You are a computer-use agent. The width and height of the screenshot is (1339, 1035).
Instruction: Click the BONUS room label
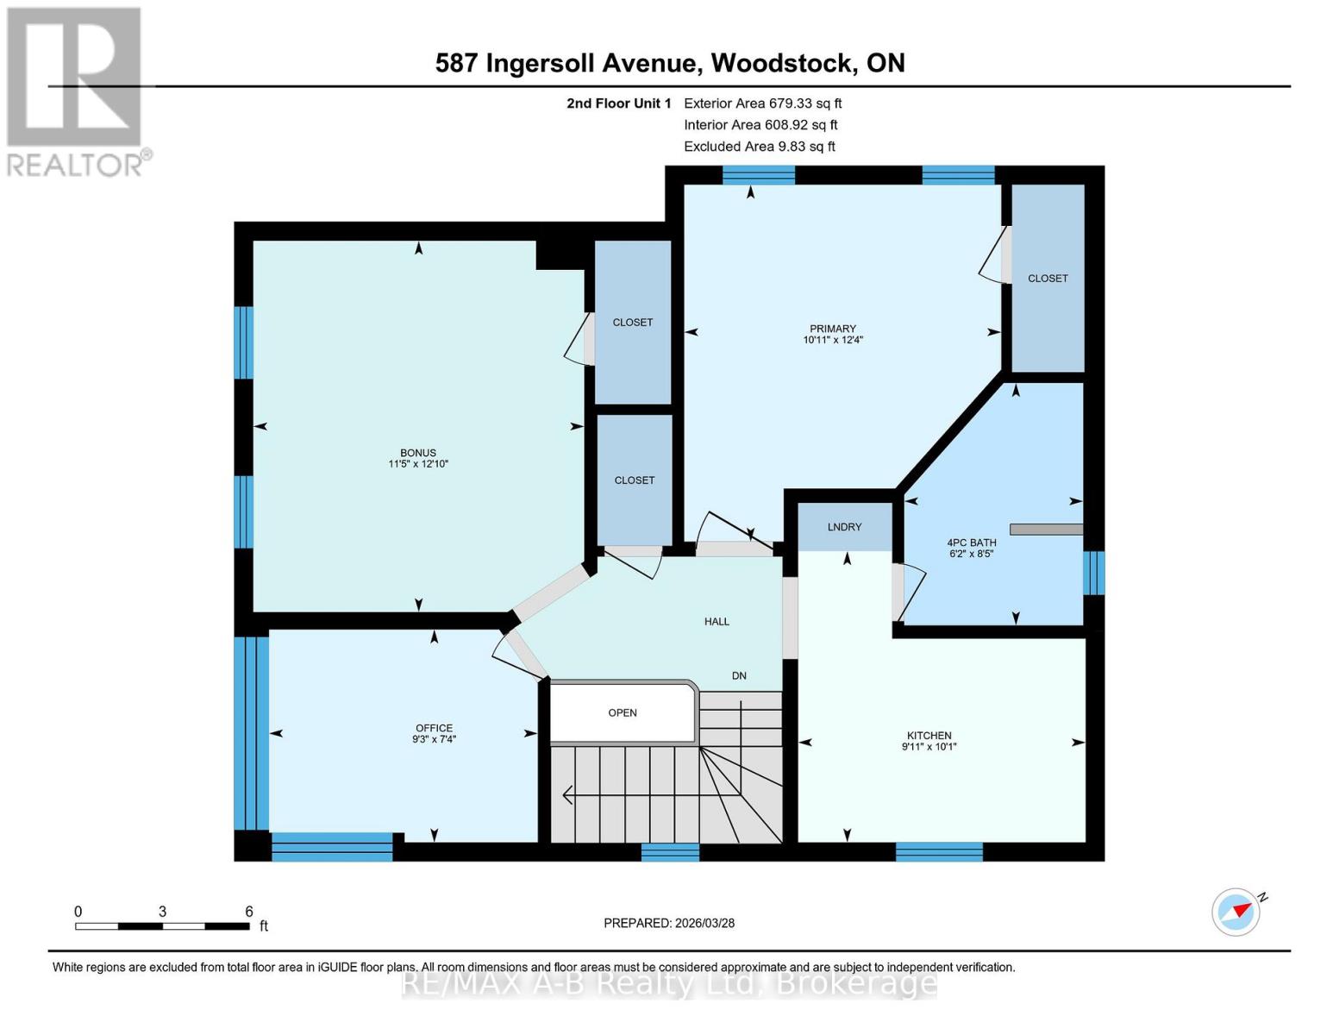click(x=418, y=453)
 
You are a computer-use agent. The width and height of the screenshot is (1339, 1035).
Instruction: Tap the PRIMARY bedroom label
click(x=832, y=329)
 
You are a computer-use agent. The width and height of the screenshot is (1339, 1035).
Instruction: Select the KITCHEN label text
click(x=929, y=736)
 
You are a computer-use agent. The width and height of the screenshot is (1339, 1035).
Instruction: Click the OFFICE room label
click(x=434, y=728)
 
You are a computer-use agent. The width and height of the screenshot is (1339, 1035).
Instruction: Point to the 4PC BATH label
click(x=971, y=543)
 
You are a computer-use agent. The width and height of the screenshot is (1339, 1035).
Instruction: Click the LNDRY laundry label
click(x=844, y=527)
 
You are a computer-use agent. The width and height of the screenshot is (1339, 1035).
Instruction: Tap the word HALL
click(x=716, y=621)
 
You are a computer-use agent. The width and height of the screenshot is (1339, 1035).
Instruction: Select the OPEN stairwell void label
click(x=623, y=712)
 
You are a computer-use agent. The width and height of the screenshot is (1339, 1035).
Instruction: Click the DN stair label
click(x=739, y=675)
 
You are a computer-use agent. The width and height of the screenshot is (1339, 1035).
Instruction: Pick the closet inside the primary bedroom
click(x=1048, y=278)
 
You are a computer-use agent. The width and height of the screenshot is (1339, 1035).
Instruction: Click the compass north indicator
click(x=1237, y=911)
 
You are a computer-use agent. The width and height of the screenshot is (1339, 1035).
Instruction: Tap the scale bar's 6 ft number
click(x=249, y=912)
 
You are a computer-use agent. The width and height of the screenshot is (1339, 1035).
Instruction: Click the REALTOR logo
click(x=75, y=91)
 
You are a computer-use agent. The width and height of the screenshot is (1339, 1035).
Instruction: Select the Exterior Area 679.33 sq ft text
click(x=762, y=103)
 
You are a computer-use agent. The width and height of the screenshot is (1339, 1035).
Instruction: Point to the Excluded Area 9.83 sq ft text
click(x=759, y=147)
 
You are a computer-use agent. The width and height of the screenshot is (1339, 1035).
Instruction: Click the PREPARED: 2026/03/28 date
click(x=669, y=923)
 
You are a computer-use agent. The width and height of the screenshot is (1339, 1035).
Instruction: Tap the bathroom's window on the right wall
click(x=1093, y=573)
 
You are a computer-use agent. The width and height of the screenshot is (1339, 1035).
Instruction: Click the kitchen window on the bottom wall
click(x=939, y=851)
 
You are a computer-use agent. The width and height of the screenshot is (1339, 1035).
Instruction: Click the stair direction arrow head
click(x=568, y=794)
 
